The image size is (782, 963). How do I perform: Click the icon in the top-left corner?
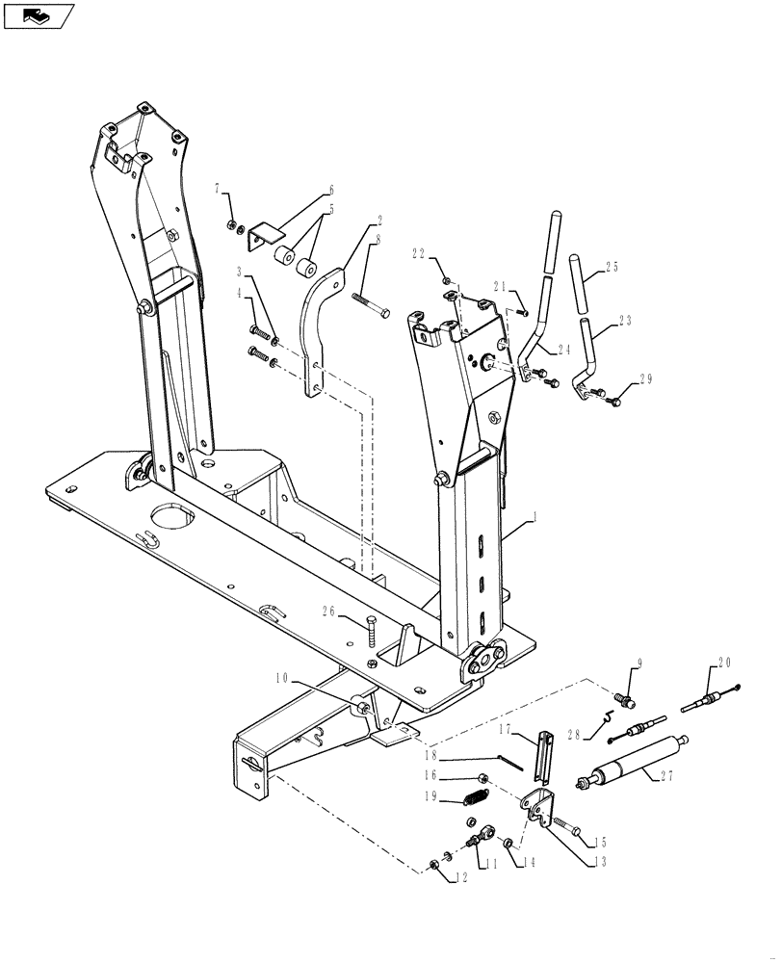coord(39,15)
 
